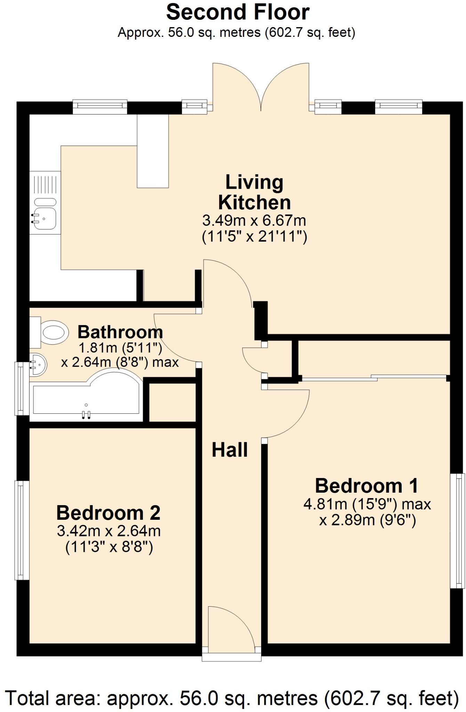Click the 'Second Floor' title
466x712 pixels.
pos(238,13)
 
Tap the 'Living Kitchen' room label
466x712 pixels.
pos(254,192)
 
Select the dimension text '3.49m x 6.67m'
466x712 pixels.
pos(254,220)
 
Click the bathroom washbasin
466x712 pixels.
pos(38,365)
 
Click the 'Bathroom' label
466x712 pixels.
pos(120,332)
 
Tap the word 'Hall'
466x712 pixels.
pos(230,450)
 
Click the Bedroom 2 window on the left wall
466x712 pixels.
pos(22,530)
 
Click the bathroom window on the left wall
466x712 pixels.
pos(22,389)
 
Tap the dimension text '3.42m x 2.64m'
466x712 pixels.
pos(109,531)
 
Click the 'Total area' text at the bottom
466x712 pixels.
pos(232,698)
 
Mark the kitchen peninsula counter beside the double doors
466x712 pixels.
pos(153,152)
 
